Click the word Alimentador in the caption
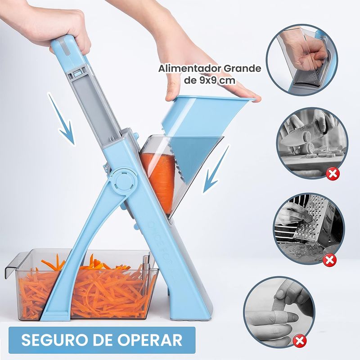pyautogui.click(x=189, y=69)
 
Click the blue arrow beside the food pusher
pyautogui.click(x=216, y=169)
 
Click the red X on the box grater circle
pyautogui.click(x=330, y=261)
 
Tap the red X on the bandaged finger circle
pyautogui.click(x=300, y=341)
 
